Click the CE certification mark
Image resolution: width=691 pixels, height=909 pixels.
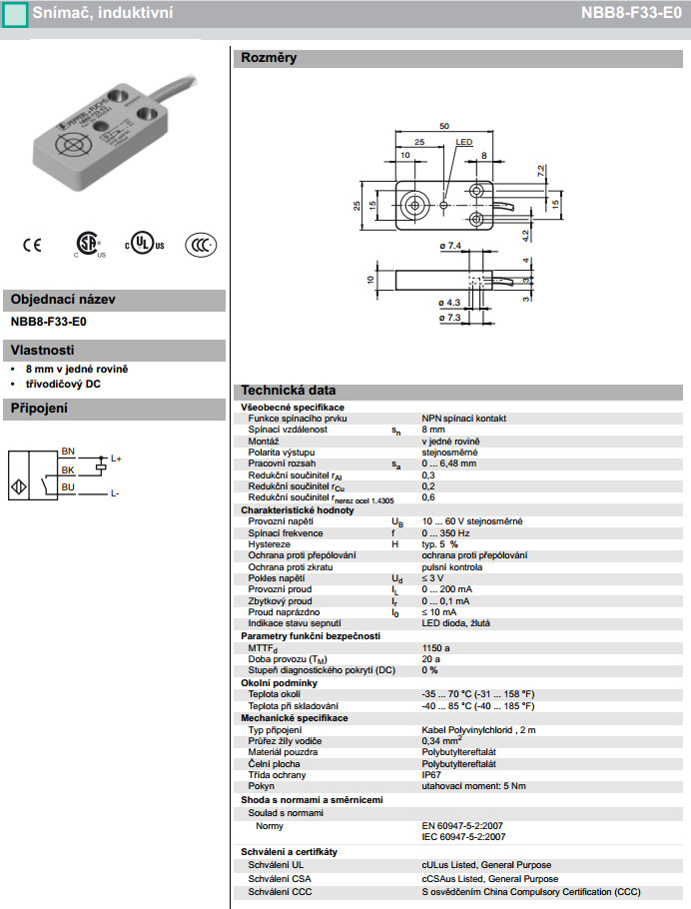pos(32,244)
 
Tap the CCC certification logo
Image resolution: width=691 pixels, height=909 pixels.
pos(201,245)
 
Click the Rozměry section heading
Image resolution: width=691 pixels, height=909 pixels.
pos(269,58)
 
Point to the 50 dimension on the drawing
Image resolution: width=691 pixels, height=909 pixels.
pos(443,126)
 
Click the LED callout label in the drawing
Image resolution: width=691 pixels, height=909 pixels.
pos(464,143)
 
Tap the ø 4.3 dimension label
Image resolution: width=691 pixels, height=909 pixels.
pos(448,301)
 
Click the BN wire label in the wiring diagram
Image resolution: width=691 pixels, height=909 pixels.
pos(68,451)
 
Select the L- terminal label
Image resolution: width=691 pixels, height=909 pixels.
pos(115,493)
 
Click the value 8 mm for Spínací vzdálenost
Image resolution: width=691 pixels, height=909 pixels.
pos(434,430)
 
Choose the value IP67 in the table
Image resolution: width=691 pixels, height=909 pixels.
pos(431,774)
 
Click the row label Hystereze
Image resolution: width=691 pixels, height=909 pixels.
pos(270,544)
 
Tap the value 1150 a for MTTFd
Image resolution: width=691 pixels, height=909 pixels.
pos(435,648)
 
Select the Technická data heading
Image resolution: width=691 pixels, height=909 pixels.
pos(289,391)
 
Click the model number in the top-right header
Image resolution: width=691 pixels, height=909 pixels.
pos(632,13)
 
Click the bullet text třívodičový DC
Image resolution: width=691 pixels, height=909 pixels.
pos(63,384)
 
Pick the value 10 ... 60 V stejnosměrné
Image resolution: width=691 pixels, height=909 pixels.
pos(472,521)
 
